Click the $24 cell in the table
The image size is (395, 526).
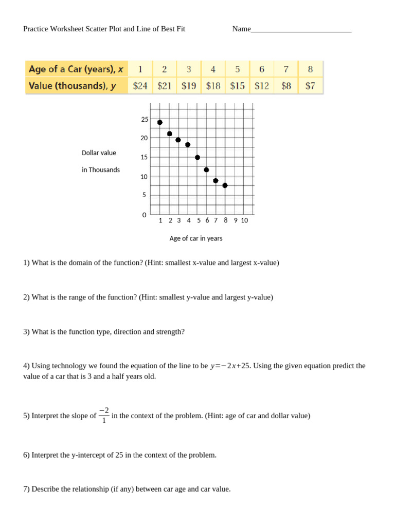(140, 86)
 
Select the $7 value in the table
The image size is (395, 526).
(310, 86)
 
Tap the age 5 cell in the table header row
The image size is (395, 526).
(238, 69)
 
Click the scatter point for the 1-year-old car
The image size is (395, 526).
(160, 122)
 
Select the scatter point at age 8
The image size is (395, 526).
(225, 185)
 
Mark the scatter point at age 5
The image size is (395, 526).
(197, 157)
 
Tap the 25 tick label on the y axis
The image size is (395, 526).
(145, 119)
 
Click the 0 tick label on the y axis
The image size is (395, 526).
(145, 215)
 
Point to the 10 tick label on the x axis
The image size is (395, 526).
(244, 220)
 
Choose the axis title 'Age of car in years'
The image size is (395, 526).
(196, 238)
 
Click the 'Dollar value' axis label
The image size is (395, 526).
(99, 153)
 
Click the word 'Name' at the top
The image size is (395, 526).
(241, 29)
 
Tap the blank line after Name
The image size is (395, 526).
(301, 30)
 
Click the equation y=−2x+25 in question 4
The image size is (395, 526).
(230, 366)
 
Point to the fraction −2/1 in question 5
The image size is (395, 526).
(104, 415)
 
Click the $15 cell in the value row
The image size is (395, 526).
(238, 86)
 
